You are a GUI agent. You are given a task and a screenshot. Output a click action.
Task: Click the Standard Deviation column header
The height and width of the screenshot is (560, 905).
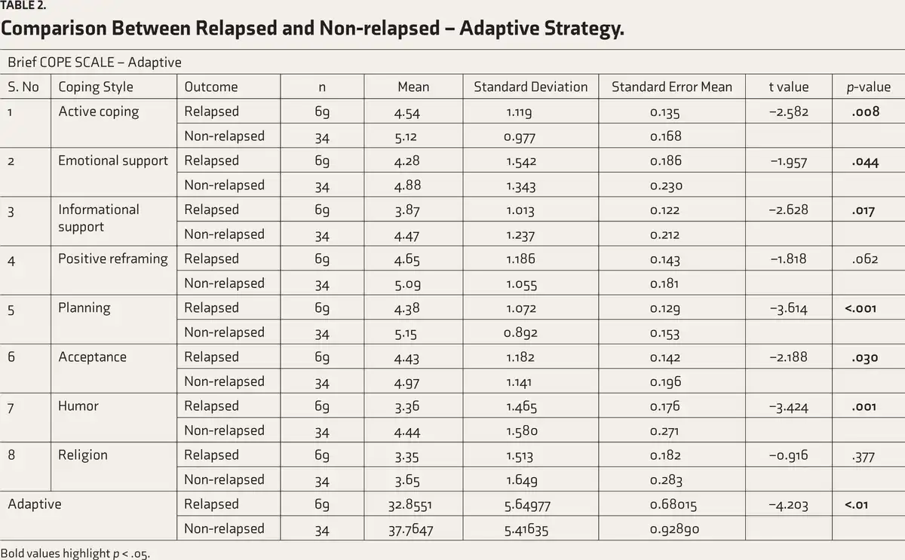[x=530, y=87]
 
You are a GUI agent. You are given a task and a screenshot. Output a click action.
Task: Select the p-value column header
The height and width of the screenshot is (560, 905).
[x=869, y=87]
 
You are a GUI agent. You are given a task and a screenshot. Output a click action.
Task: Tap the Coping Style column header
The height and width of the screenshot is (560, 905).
[x=96, y=87]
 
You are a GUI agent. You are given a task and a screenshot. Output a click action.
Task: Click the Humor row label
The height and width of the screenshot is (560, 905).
[x=78, y=405]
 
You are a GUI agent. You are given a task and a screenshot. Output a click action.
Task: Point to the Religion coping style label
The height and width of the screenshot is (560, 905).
[x=83, y=455]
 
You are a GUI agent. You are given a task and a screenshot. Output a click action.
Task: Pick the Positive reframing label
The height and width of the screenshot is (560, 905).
[x=112, y=259]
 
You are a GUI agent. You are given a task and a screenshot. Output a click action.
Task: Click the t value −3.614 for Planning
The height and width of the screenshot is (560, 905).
[x=788, y=309]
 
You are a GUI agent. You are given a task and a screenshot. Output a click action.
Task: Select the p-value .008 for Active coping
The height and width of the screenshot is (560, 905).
[x=866, y=112]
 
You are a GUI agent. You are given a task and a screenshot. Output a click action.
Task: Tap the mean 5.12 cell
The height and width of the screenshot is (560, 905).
[x=406, y=137]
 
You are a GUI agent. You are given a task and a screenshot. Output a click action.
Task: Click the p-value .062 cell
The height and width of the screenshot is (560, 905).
[x=865, y=259]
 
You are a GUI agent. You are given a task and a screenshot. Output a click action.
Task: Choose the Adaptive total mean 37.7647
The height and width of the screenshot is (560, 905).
[x=410, y=530]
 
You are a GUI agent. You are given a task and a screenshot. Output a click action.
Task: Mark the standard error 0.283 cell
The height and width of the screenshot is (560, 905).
[x=666, y=480]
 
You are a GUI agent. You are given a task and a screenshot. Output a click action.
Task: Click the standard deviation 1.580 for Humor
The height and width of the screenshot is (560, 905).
[x=522, y=431]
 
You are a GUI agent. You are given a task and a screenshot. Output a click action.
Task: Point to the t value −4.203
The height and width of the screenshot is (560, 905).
[x=788, y=505]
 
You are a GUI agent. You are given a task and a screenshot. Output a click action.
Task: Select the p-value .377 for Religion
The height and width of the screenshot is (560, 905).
[x=864, y=457]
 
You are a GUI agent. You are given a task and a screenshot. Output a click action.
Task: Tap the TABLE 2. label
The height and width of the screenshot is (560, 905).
[x=23, y=5]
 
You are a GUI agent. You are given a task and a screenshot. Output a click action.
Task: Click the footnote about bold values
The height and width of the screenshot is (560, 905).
[x=75, y=553]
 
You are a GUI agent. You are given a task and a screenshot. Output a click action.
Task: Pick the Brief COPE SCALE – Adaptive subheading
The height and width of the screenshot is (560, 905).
[x=94, y=62]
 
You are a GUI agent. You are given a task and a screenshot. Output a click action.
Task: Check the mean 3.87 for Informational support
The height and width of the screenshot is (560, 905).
[x=407, y=210]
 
